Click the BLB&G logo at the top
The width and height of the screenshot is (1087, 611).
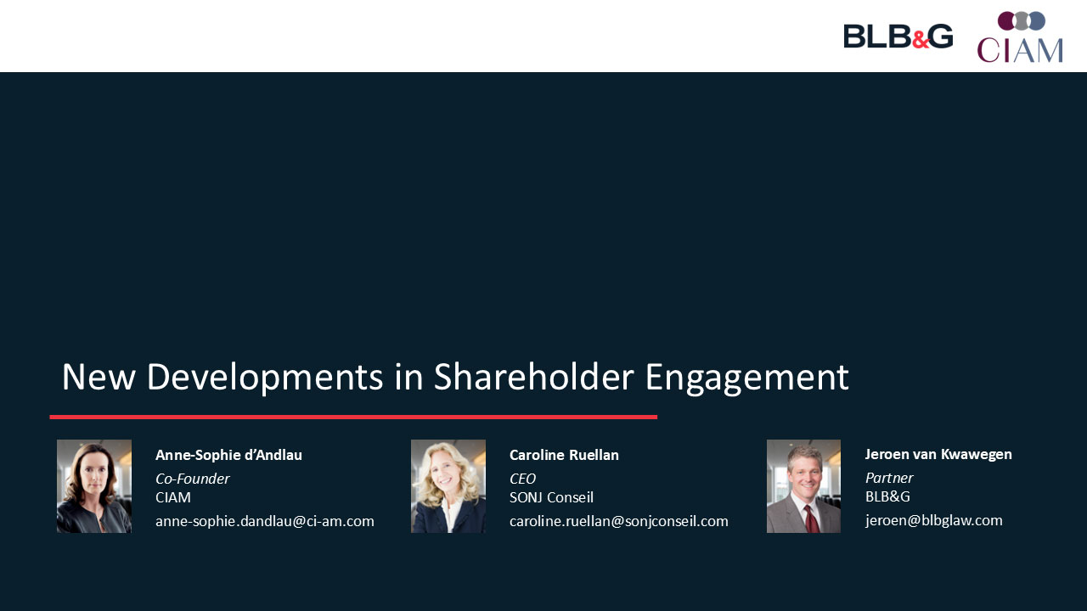pyautogui.click(x=898, y=36)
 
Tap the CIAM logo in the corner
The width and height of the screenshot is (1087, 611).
pyautogui.click(x=1020, y=36)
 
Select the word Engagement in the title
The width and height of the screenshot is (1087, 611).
pyautogui.click(x=746, y=378)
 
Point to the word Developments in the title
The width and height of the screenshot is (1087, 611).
pyautogui.click(x=265, y=378)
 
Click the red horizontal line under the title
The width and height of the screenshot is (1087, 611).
pyautogui.click(x=353, y=417)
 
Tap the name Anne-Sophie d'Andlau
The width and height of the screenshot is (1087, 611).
pyautogui.click(x=228, y=455)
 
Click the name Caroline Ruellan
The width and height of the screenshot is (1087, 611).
pyautogui.click(x=564, y=455)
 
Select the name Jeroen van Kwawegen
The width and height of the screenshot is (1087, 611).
pyautogui.click(x=938, y=454)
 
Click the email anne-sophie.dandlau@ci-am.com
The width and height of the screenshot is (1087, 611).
pyautogui.click(x=264, y=521)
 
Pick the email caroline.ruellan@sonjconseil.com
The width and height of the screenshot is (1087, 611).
pyautogui.click(x=619, y=521)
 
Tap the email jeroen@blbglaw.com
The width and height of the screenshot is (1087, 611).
pyautogui.click(x=933, y=520)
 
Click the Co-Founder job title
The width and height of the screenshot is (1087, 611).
pyautogui.click(x=192, y=479)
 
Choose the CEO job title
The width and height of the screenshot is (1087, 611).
pyautogui.click(x=522, y=479)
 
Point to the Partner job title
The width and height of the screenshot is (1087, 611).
pyautogui.click(x=889, y=478)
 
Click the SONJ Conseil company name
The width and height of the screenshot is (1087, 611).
pyautogui.click(x=551, y=497)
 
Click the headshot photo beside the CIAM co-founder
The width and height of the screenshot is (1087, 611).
pyautogui.click(x=94, y=486)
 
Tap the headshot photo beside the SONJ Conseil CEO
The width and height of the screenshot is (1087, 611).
pyautogui.click(x=448, y=486)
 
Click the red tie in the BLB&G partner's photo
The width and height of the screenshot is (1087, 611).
pyautogui.click(x=811, y=519)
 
